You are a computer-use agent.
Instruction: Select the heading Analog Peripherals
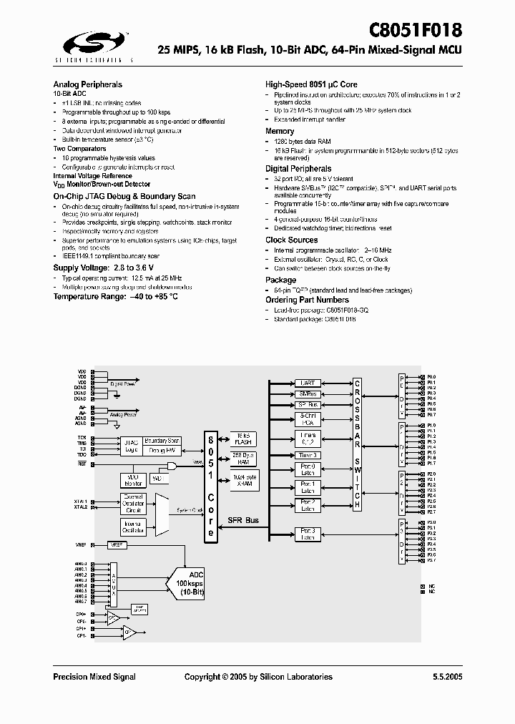[x=87, y=84]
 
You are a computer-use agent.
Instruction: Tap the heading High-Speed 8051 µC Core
[x=311, y=84]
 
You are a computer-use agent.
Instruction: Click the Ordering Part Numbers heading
[x=307, y=300]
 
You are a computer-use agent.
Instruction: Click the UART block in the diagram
[x=308, y=383]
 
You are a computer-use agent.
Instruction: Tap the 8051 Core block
[x=210, y=486]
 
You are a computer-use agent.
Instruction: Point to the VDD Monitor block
[x=134, y=479]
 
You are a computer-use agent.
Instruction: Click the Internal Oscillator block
[x=134, y=527]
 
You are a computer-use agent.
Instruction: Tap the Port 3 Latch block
[x=308, y=534]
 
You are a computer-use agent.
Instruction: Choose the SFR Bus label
[x=244, y=520]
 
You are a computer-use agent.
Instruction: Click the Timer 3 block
[x=308, y=455]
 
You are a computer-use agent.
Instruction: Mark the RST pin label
[x=82, y=464]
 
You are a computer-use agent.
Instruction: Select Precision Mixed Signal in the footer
[x=94, y=677]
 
